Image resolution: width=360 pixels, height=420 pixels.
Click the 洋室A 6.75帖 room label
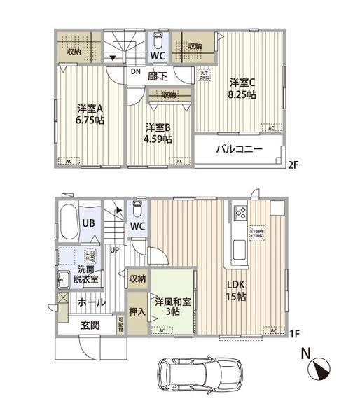pyautogui.click(x=90, y=113)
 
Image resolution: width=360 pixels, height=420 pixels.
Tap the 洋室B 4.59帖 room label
pyautogui.click(x=159, y=133)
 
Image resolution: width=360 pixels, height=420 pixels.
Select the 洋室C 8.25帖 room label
pyautogui.click(x=242, y=88)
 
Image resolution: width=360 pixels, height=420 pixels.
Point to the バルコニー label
pyautogui.click(x=239, y=150)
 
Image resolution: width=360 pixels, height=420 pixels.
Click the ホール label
pyautogui.click(x=91, y=302)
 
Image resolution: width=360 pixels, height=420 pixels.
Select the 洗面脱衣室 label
pyautogui.click(x=88, y=274)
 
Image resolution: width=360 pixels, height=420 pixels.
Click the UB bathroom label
pyautogui.click(x=90, y=223)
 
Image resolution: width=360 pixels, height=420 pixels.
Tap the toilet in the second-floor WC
pyautogui.click(x=158, y=38)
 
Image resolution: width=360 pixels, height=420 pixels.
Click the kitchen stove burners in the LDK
pyautogui.click(x=237, y=212)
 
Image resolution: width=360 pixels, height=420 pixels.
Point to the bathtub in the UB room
pyautogui.click(x=68, y=223)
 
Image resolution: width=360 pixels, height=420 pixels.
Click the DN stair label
pyautogui.click(x=134, y=70)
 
